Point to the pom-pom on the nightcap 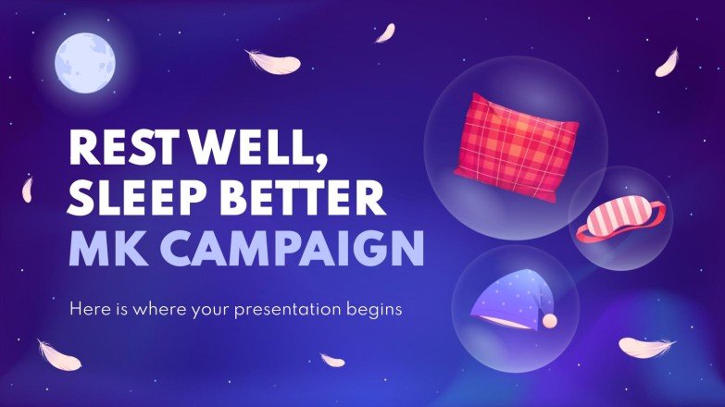pos(549,320)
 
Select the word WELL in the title pos(244,149)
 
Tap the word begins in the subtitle pos(376,309)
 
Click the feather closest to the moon pos(274,61)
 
